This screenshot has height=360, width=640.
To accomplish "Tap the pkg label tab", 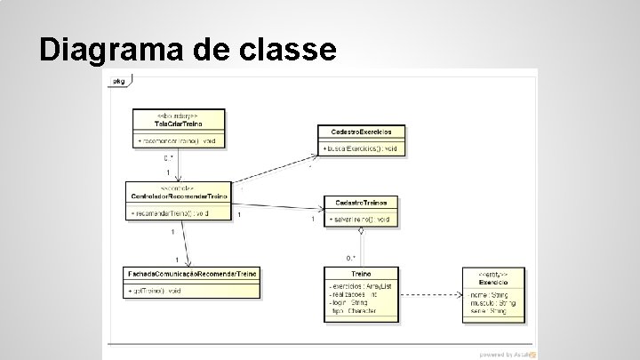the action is [117, 81].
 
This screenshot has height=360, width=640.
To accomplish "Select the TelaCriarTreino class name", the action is [179, 123].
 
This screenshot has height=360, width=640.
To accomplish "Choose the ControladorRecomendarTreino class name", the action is [179, 196].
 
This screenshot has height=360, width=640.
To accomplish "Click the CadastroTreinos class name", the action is [361, 203].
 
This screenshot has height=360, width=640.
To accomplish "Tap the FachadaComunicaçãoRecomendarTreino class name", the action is [192, 275].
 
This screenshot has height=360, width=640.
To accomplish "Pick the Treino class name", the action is [361, 275].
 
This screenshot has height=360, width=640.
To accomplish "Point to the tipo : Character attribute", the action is [353, 310].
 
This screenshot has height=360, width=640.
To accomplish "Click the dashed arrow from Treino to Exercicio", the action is [430, 294].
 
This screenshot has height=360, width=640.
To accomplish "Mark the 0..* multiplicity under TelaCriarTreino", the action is [170, 158].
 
